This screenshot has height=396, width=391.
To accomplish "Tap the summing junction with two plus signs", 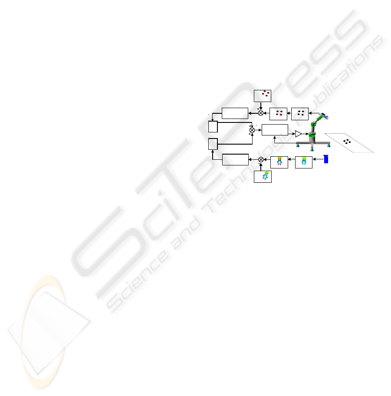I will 252,130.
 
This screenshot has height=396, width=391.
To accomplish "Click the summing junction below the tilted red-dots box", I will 260,113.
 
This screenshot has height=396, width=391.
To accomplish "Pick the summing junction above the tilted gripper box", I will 261,159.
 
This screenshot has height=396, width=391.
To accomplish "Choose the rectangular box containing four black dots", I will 300,113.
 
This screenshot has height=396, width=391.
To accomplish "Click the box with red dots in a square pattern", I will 278,113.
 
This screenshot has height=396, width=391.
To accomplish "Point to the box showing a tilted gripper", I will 263,176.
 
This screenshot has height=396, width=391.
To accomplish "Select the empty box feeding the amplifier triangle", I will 275,129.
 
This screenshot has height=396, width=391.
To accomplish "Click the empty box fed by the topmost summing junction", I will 235,113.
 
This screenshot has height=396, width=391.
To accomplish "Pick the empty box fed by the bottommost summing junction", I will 235,159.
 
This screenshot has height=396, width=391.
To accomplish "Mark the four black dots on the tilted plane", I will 347,141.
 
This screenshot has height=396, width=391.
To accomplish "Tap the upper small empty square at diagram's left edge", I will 212,127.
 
